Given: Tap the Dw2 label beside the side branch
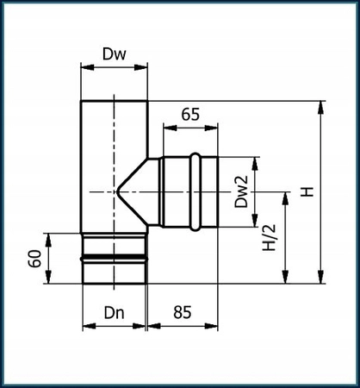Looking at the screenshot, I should [242, 191].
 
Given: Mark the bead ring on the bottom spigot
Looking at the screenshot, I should [114, 257].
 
